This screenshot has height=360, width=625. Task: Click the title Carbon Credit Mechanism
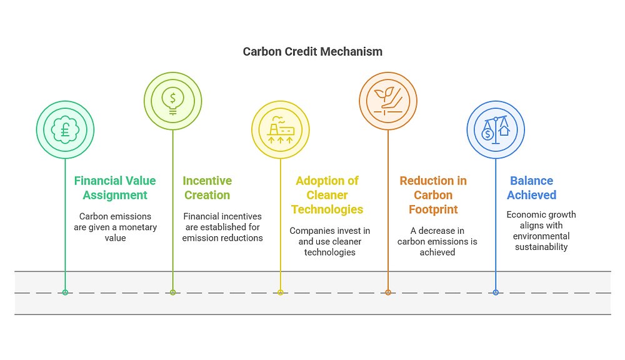[312, 52]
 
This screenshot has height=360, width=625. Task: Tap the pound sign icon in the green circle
[65, 130]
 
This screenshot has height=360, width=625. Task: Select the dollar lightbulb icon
[173, 101]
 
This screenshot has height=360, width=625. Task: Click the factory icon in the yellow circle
[281, 130]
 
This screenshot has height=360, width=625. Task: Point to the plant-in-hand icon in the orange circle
[388, 101]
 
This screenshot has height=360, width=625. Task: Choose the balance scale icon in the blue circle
[496, 130]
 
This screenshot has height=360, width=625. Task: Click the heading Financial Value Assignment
[114, 187]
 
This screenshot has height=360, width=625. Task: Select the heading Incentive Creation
[207, 187]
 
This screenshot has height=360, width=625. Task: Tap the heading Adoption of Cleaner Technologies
[327, 194]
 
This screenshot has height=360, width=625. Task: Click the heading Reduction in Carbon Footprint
[433, 194]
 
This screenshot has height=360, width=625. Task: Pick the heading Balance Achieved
[531, 187]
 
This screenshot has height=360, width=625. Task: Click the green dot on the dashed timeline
[65, 292]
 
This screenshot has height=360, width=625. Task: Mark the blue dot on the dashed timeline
[496, 292]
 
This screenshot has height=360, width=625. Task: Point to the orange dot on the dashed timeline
[388, 292]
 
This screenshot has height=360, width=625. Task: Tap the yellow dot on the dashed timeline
[281, 292]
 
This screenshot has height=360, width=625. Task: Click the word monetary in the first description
[137, 227]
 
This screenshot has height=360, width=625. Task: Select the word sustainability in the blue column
[541, 247]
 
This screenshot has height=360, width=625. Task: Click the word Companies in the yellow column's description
[311, 231]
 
